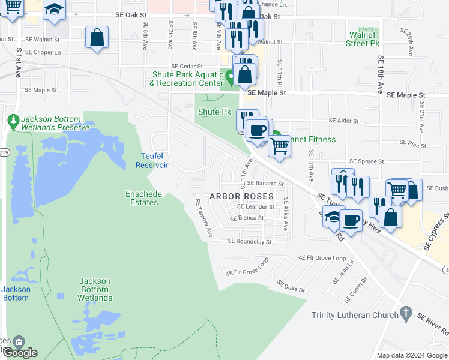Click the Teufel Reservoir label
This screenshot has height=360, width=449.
154,160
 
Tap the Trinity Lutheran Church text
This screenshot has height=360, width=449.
355,315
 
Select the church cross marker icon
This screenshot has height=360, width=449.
406,313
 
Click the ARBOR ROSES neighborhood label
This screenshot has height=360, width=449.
241,197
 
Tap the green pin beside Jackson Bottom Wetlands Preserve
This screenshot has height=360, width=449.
14,122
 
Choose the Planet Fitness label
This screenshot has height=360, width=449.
309,139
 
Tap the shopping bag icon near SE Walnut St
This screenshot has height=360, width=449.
97,37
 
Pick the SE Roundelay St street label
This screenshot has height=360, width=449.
250,242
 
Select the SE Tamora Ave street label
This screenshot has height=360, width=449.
203,218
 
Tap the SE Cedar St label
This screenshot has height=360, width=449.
187,67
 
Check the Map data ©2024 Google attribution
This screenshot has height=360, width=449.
411,355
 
